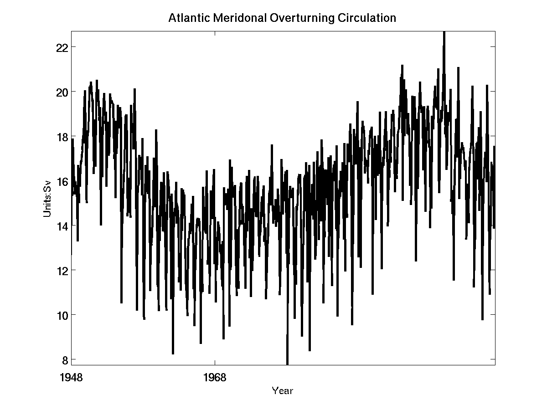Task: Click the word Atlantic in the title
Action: point(185,18)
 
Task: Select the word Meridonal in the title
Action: point(227,18)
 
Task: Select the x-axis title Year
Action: point(282,390)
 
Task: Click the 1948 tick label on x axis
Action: point(72,377)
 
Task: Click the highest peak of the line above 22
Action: point(444,33)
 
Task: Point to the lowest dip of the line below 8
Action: point(287,363)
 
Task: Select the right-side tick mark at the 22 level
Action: point(493,47)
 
